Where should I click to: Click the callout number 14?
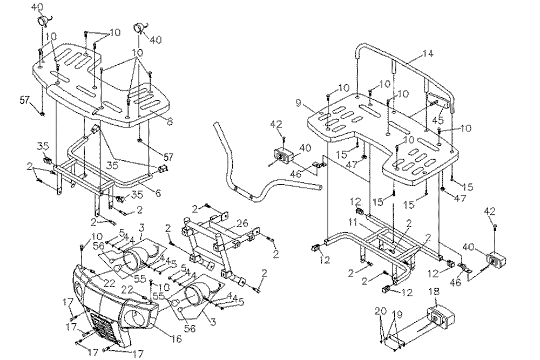pyautogui.click(x=428, y=53)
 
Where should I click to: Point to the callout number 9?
pyautogui.click(x=299, y=102)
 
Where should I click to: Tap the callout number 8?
pyautogui.click(x=170, y=122)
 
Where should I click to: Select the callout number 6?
pyautogui.click(x=158, y=193)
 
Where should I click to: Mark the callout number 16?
pyautogui.click(x=177, y=339)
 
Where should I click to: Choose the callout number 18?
pyautogui.click(x=434, y=292)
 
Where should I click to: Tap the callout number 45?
pyautogui.click(x=438, y=121)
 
